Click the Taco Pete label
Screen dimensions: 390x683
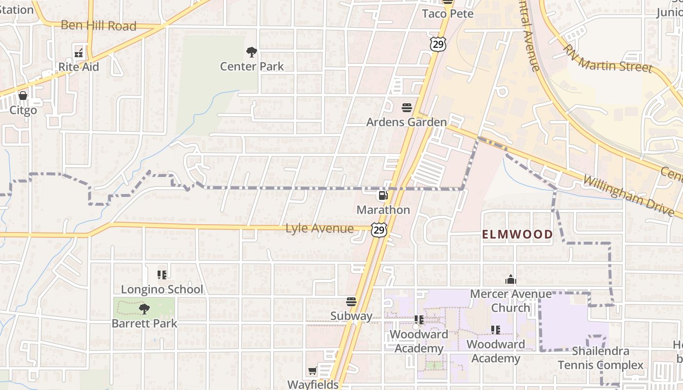pos(447,14)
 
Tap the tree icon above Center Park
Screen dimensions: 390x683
pos(251,52)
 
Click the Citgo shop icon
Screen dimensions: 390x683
pos(23,96)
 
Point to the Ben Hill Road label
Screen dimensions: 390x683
pos(98,26)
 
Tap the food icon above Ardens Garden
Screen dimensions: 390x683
pos(407,108)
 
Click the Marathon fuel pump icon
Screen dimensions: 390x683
pos(383,196)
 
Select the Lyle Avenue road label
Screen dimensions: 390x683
pos(319,228)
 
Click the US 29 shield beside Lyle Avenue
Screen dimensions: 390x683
pos(379,230)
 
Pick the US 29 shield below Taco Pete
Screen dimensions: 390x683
pos(438,43)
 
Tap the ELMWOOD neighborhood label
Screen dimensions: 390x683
pos(518,234)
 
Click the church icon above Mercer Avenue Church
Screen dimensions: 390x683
pos(511,280)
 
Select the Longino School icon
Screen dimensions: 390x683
pos(162,275)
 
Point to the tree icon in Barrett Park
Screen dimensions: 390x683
pos(144,309)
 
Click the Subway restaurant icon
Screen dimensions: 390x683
pos(351,302)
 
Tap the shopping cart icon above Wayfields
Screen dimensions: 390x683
pos(313,371)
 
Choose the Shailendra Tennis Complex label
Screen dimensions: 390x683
pos(601,358)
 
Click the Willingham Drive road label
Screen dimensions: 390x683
pos(632,195)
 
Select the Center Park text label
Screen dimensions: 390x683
pos(252,66)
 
